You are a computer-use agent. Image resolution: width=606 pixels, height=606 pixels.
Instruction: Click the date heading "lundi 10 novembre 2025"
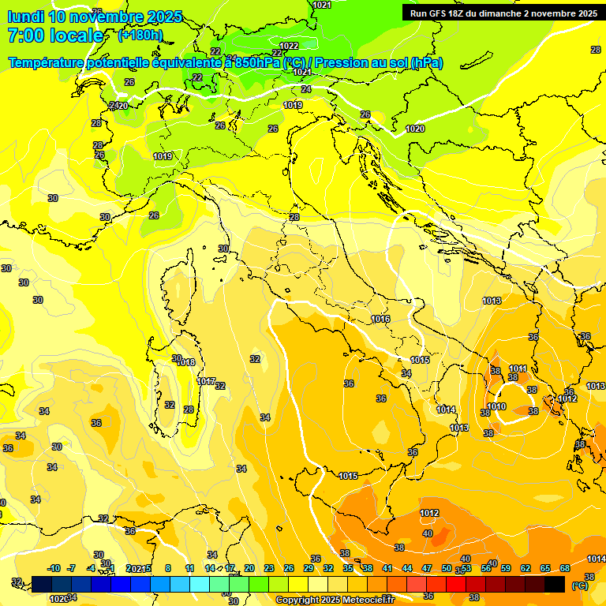point(95,17)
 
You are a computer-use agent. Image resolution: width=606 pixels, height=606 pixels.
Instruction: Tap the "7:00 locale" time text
point(55,36)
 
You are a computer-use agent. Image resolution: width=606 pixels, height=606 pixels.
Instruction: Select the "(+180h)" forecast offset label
point(140,36)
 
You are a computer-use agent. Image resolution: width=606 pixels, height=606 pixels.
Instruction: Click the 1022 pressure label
point(289,46)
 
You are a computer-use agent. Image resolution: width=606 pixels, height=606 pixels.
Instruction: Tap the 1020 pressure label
point(415,129)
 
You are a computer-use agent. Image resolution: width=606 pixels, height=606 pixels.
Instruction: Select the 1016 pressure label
point(380,319)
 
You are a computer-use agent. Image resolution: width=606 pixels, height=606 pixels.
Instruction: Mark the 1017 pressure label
point(206,381)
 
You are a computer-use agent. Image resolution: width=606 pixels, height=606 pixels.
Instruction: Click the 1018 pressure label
point(185,362)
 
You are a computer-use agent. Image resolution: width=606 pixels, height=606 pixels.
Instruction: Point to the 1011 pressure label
point(518,368)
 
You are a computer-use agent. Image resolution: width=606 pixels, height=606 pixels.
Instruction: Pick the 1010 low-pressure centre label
point(496,406)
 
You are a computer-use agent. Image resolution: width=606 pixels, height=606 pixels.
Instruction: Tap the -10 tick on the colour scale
point(54,568)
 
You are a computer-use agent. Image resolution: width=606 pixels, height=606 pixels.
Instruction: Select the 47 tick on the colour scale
point(427,568)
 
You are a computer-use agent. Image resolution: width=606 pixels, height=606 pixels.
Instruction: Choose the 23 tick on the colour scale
point(269,568)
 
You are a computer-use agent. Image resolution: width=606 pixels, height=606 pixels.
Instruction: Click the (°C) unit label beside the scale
point(580,585)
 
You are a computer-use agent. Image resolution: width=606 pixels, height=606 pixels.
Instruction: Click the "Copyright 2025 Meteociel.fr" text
point(335,600)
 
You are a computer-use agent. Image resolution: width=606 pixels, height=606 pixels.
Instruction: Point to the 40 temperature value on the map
point(427,533)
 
